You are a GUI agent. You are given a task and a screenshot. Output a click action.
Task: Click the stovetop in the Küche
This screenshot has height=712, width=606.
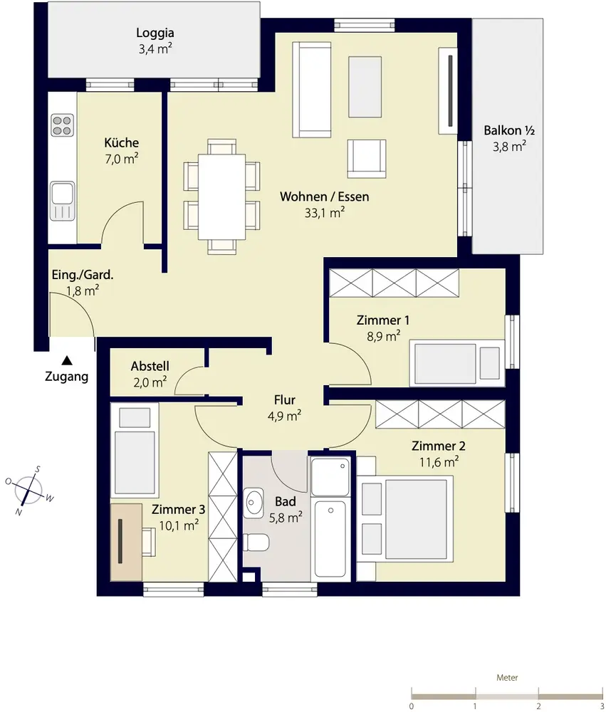(x=62, y=125)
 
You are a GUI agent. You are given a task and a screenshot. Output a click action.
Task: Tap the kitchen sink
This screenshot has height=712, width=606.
(x=62, y=201)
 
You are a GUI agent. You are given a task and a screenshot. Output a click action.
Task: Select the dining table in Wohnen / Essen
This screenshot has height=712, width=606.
(x=221, y=197)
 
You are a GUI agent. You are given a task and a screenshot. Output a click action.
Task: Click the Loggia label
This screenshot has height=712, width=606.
(x=155, y=33)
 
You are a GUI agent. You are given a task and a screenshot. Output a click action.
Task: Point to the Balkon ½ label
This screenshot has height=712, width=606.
(x=508, y=131)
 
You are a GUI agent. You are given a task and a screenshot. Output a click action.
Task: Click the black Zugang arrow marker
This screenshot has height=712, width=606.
(x=67, y=360)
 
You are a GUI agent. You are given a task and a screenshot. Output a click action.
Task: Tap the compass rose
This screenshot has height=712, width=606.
(x=29, y=491)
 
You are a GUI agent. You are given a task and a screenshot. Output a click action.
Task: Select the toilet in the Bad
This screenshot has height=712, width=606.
(x=256, y=542)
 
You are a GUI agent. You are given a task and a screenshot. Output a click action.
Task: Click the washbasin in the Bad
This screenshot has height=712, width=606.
(x=254, y=503)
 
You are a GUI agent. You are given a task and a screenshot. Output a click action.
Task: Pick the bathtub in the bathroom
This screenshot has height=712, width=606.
(x=330, y=539)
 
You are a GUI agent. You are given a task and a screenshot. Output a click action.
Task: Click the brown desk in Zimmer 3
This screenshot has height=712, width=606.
(x=126, y=541)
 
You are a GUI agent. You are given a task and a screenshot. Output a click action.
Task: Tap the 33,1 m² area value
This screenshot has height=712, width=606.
(x=324, y=212)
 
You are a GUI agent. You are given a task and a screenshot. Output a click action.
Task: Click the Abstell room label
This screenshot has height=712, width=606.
(x=150, y=366)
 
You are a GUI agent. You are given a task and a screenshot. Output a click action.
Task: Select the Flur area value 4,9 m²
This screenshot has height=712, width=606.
(x=284, y=416)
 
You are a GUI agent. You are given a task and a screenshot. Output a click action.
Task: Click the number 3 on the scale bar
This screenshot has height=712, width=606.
(x=602, y=706)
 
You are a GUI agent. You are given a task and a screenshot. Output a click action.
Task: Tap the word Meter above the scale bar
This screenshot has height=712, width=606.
(x=507, y=678)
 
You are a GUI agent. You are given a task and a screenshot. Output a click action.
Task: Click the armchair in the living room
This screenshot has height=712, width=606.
(x=367, y=158)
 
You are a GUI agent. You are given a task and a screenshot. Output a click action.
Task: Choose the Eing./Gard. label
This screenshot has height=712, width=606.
(x=83, y=275)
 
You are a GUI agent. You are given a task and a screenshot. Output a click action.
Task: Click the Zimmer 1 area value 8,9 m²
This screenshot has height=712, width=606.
(x=384, y=337)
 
